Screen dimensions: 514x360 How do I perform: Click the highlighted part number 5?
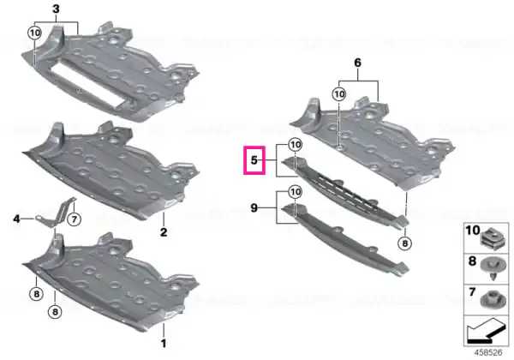point(254,160)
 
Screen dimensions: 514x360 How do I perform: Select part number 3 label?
point(56,9)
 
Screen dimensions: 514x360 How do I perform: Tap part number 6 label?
point(357,63)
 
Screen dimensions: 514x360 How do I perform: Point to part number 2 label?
point(164,232)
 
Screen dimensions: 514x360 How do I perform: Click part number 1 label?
point(164,343)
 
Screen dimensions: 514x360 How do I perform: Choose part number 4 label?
point(17,219)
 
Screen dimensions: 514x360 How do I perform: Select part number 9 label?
point(254,207)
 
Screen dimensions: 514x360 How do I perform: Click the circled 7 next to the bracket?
point(74,219)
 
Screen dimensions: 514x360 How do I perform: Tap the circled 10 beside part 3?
point(34,33)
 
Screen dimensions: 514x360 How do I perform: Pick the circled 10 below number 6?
point(339,94)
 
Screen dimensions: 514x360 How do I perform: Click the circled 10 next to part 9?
point(296,192)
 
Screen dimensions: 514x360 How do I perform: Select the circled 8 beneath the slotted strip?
point(405,243)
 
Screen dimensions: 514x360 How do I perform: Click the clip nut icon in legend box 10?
point(492,237)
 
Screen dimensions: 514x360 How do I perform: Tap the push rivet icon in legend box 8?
point(493,268)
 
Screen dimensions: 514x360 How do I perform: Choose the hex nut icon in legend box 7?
point(492,299)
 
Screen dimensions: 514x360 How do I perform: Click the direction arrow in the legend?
point(487,330)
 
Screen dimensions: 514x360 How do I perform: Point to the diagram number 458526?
point(488,353)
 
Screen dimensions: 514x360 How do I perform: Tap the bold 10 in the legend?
point(472,231)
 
